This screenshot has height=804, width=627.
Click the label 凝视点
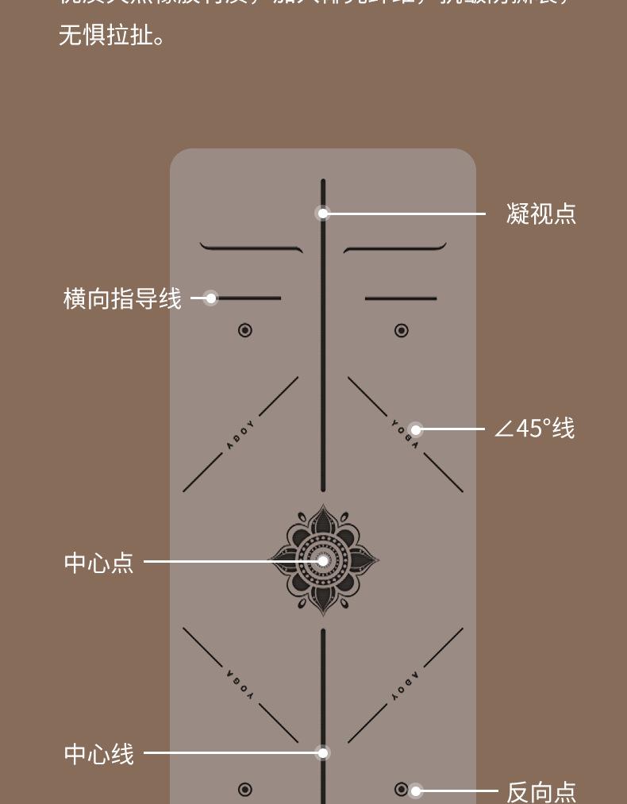[540, 214]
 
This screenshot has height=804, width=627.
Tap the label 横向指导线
[122, 298]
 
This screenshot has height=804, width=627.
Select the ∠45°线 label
[534, 429]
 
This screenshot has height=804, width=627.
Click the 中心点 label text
[98, 562]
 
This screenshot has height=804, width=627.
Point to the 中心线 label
[98, 753]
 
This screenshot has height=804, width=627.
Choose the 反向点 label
[540, 791]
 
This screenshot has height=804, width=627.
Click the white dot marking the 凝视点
[323, 214]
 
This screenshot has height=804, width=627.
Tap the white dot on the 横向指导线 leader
[210, 298]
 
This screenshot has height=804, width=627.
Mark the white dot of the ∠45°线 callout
[415, 429]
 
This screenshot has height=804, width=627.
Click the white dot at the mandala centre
[323, 561]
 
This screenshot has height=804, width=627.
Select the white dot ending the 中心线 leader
[323, 753]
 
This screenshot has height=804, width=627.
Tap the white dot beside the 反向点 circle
[416, 791]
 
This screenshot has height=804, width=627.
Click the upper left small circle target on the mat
[245, 330]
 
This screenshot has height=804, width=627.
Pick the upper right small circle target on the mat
[402, 330]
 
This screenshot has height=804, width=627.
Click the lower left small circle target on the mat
[245, 789]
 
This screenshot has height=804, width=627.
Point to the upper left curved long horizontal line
[252, 248]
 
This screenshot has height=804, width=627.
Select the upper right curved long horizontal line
[394, 248]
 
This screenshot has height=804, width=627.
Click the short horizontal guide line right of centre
[401, 298]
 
